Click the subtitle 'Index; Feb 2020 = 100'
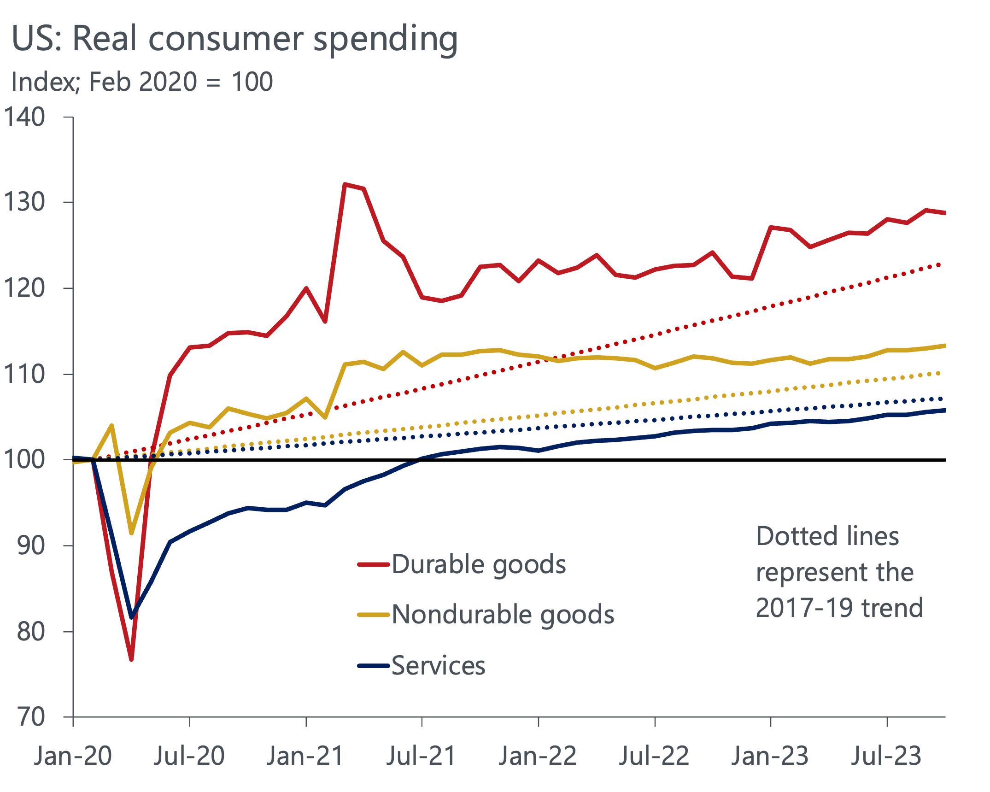(x=142, y=82)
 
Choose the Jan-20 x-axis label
(x=72, y=756)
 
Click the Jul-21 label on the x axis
(x=421, y=756)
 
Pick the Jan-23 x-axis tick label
(x=770, y=756)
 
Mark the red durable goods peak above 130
(x=345, y=184)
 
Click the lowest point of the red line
(x=131, y=659)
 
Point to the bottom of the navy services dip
(x=132, y=617)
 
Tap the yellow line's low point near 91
(x=131, y=533)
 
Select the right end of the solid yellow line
(x=944, y=346)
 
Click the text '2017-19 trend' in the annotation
(x=839, y=608)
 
